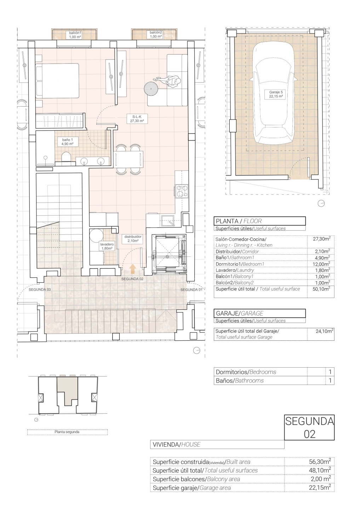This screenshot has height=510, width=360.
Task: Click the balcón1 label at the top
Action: pos(75,33)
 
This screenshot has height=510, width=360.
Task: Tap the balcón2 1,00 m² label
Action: pos(156,34)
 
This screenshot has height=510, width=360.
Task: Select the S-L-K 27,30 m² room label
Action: pos(137,119)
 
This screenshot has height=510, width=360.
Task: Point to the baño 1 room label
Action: pos(67,140)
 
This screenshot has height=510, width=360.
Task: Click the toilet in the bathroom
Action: pos(66,157)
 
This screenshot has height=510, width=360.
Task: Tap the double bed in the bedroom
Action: pos(57,81)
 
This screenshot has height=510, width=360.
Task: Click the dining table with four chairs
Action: pos(130,159)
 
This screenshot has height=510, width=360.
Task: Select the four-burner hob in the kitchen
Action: pos(182,191)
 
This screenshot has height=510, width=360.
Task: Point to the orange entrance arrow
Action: pos(133,269)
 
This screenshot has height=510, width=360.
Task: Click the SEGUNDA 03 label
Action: pos(40,290)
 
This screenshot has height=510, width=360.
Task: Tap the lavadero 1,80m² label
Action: pos(107,246)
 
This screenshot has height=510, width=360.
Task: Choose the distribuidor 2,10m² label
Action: pos(133,239)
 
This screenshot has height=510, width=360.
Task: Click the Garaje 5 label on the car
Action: pos(276,92)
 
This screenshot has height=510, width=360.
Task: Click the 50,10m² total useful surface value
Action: pos(321,289)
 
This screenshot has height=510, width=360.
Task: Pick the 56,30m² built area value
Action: pos(320,461)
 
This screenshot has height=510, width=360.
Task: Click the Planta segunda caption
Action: pos(67,432)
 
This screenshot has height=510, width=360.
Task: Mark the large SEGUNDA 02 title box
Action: pos(309,427)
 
